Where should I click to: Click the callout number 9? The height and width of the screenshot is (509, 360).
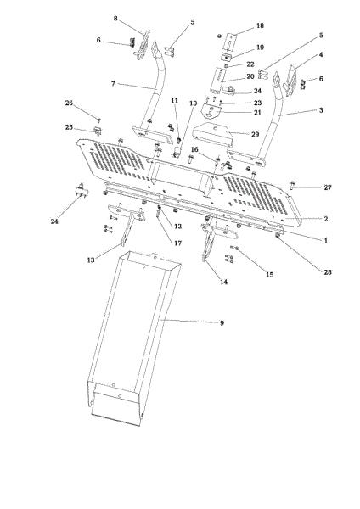[x=222, y=322]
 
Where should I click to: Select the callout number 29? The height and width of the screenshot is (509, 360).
[x=256, y=134]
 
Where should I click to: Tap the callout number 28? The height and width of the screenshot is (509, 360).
[x=328, y=272]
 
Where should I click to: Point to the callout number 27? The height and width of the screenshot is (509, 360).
[x=328, y=187]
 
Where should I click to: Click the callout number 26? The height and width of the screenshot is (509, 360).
[x=69, y=103]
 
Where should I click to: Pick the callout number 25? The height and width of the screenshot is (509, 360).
[x=69, y=127]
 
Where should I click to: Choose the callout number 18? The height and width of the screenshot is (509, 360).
[x=261, y=25]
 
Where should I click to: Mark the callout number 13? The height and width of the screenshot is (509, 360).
[x=91, y=260]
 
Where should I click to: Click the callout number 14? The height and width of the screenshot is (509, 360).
[x=224, y=282]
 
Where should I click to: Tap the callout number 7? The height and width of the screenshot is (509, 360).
[x=113, y=83]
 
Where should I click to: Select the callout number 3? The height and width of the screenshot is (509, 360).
[x=321, y=110]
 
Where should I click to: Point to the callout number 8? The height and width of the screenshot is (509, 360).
[x=115, y=18]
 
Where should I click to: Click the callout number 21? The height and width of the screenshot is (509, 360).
[x=257, y=113]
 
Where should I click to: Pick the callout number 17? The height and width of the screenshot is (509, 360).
[x=178, y=243]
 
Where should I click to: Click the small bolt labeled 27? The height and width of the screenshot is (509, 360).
[x=292, y=185]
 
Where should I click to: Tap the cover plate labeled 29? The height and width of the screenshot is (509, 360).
[x=213, y=134]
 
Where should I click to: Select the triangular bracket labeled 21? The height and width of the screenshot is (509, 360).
[x=211, y=112]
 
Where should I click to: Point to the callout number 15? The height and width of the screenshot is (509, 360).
[x=270, y=275]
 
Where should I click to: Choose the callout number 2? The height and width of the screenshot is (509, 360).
[x=326, y=219]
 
